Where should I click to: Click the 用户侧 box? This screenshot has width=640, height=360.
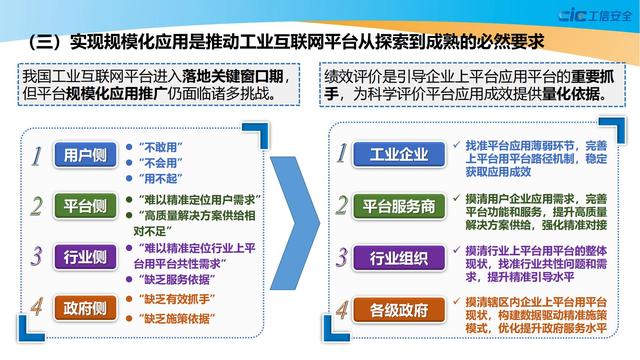[x=84, y=157]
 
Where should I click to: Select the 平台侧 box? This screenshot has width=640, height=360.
[x=84, y=206]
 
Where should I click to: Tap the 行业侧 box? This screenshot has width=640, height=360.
[x=84, y=257]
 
